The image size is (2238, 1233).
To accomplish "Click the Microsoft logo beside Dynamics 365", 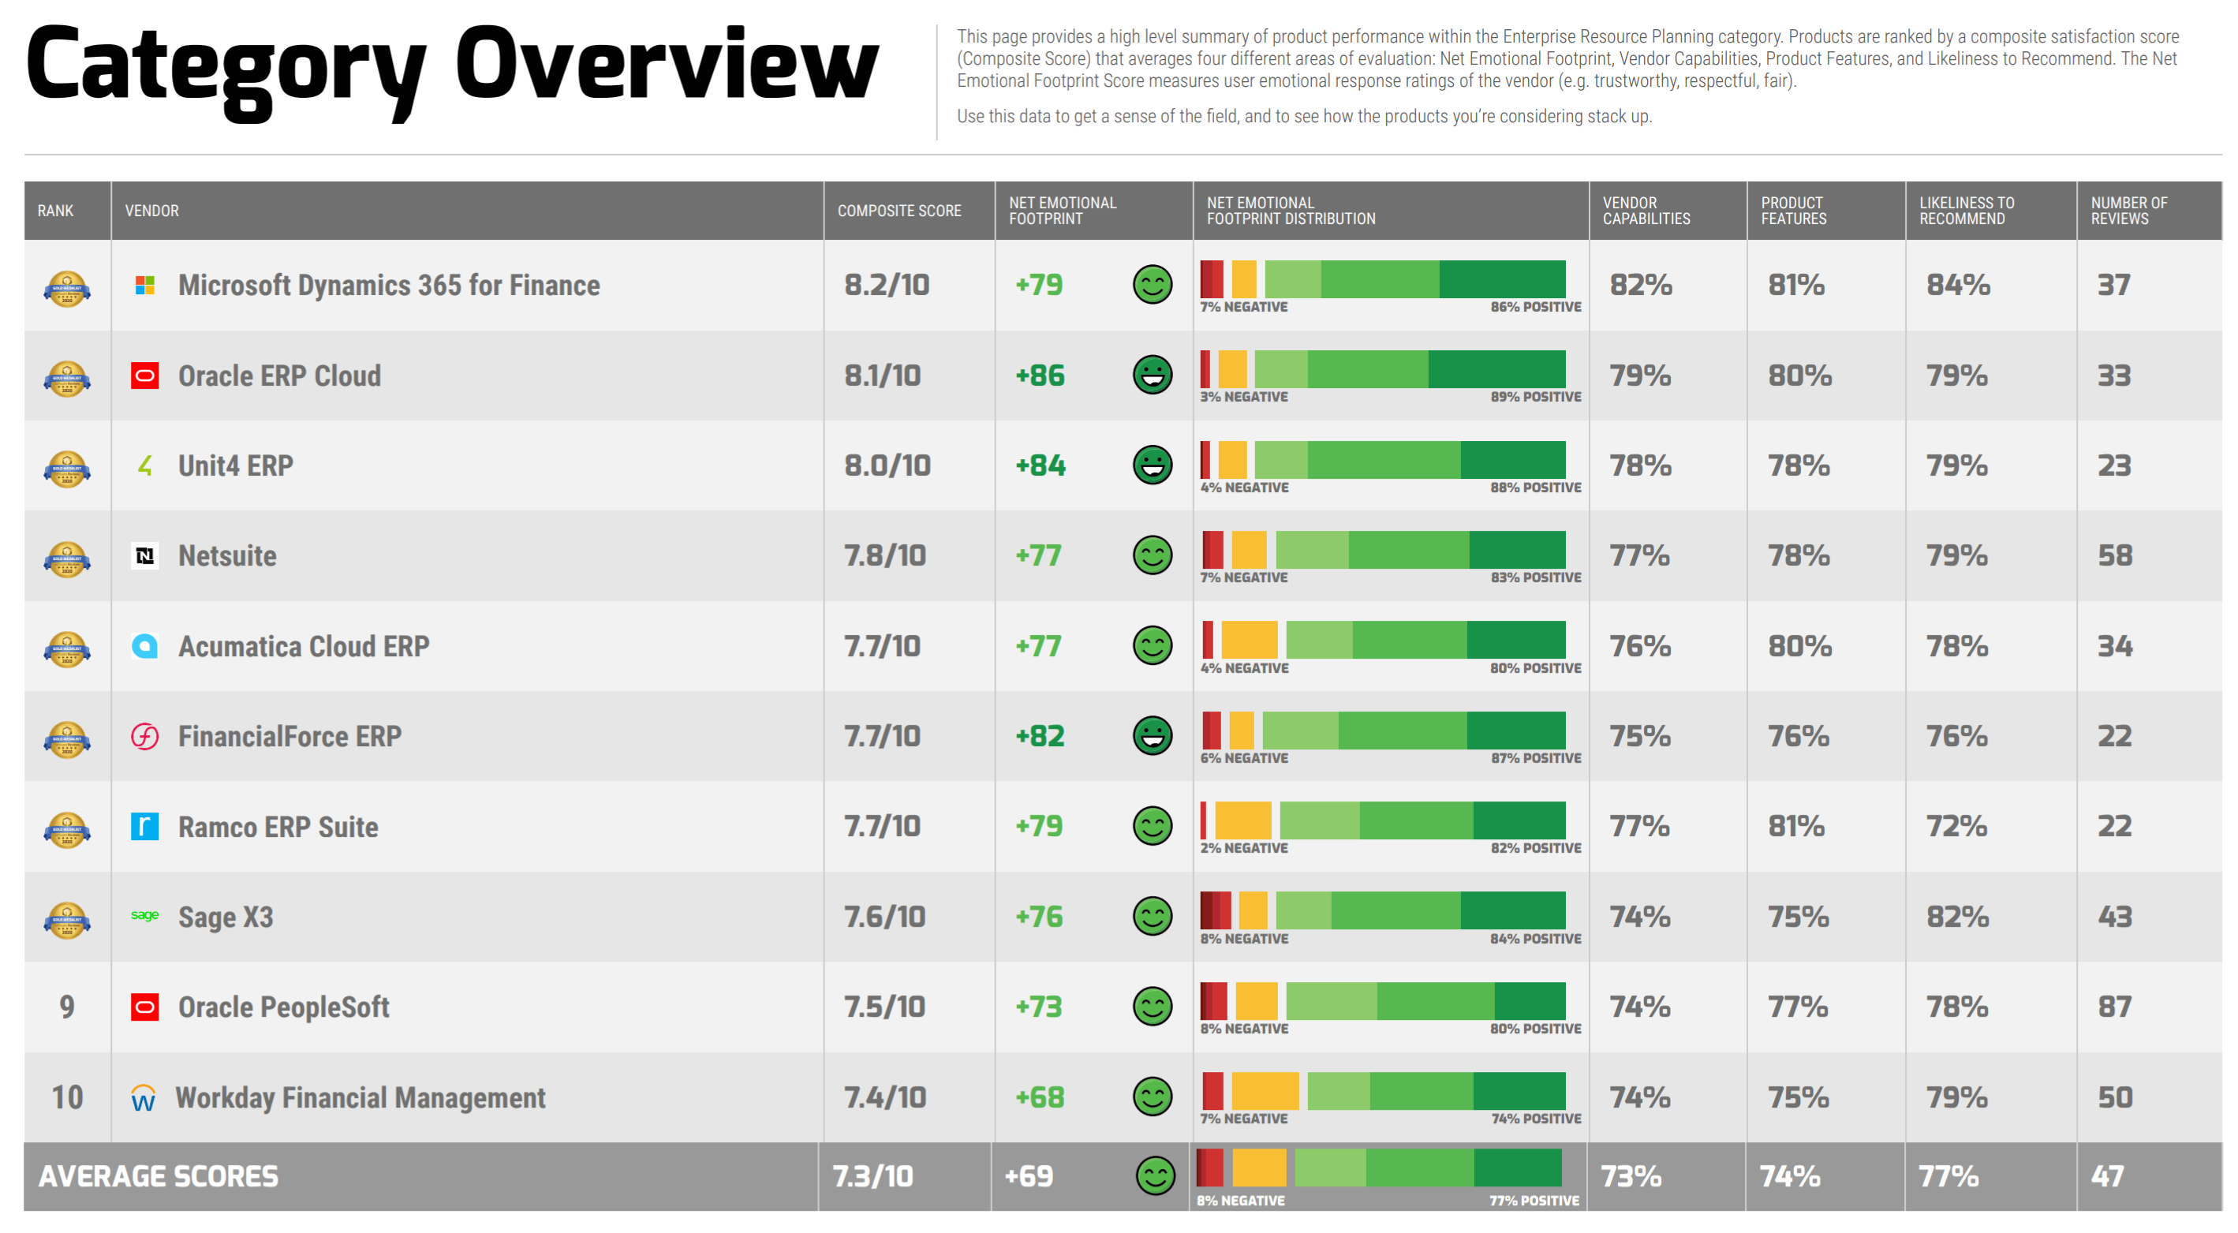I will point(145,285).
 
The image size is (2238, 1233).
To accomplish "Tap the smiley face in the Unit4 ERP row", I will point(1152,465).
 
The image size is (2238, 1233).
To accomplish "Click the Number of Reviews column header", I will point(2128,211).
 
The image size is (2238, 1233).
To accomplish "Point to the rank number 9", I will point(67,1007).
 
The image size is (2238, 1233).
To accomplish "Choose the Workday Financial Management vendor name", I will point(360,1097).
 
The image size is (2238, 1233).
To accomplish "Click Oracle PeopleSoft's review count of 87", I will point(2114,1007).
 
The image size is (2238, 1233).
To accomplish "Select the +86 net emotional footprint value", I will point(1039,376).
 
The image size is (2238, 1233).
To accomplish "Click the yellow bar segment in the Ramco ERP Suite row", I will point(1242,820).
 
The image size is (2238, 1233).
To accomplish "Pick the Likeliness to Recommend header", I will point(1966,211).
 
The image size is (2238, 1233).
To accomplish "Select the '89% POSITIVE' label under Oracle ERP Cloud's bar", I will point(1535,397).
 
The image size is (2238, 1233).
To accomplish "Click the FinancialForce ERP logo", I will point(144,737).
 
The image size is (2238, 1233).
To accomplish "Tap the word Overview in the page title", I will point(667,65).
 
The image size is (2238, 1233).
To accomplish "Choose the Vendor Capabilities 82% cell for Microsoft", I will point(1640,285).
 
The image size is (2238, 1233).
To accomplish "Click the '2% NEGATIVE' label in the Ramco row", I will point(1243,848).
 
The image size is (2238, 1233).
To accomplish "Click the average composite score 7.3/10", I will point(872,1176).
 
